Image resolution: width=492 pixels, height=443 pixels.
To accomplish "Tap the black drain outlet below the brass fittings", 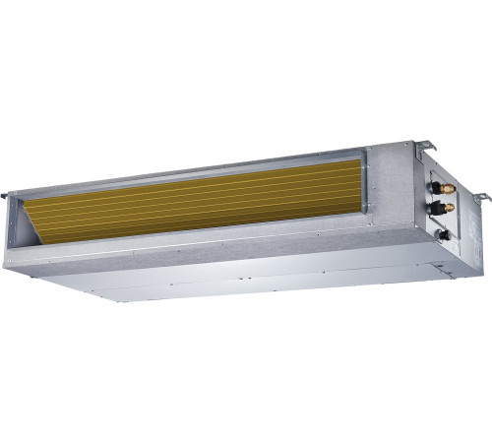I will tap(444, 233).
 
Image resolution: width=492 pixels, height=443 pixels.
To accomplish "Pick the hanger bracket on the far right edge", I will tap(482, 198).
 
